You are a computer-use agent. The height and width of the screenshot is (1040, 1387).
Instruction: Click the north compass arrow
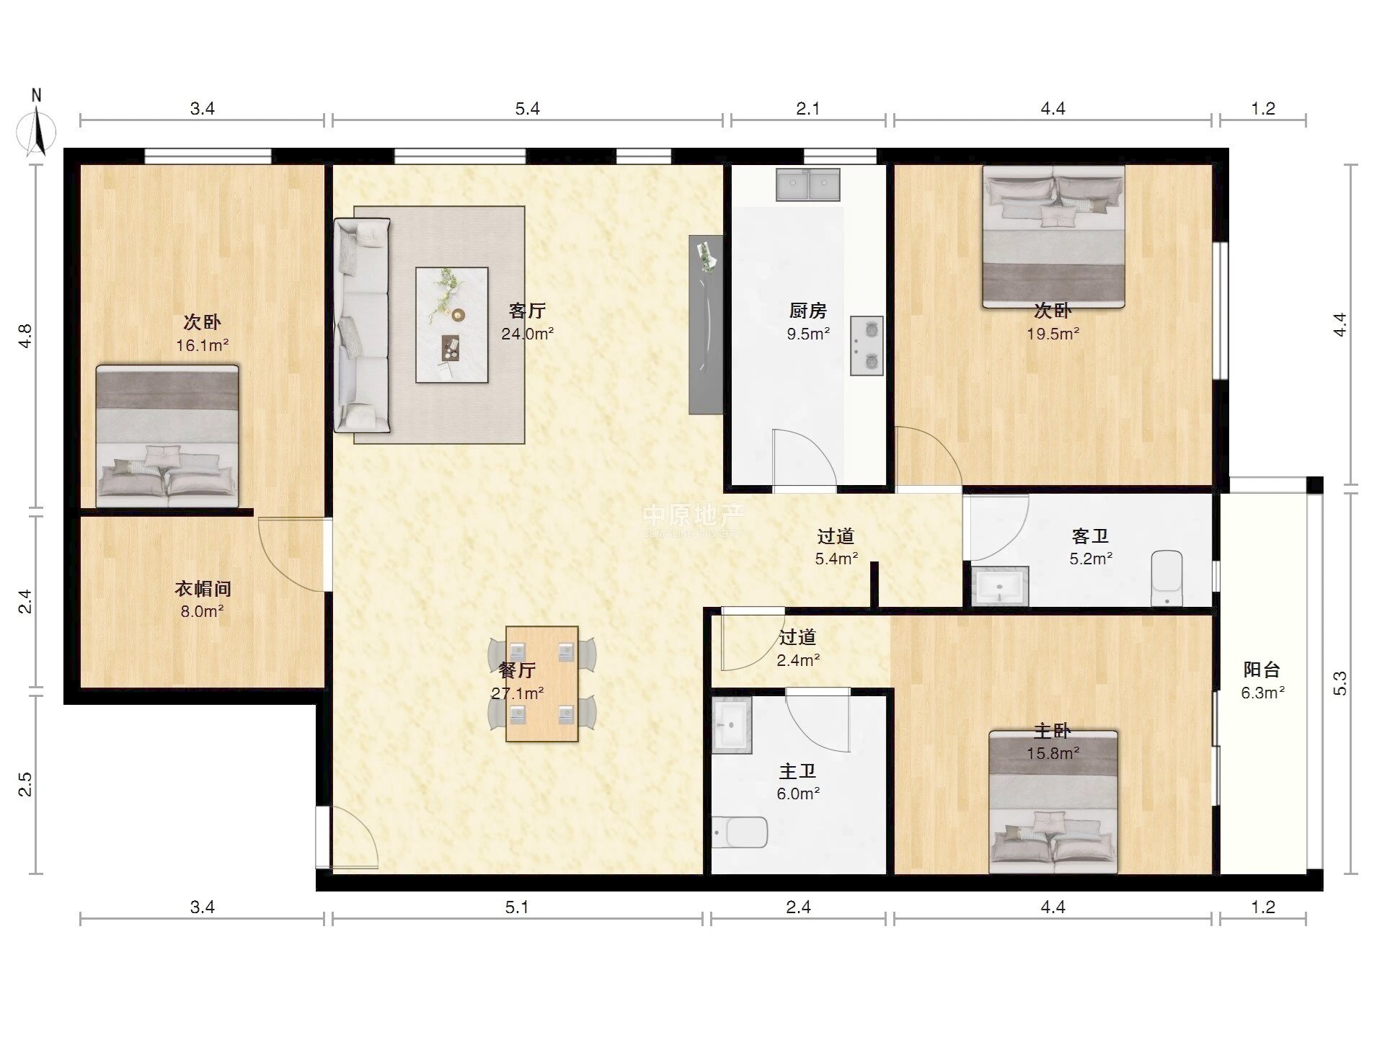tap(37, 132)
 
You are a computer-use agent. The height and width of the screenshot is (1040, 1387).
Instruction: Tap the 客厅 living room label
tap(527, 311)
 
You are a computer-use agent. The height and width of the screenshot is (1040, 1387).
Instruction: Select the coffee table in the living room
tap(452, 325)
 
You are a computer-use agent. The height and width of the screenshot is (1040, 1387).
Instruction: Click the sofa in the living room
tap(362, 326)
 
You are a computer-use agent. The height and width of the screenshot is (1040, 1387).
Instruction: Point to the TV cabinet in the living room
tap(706, 324)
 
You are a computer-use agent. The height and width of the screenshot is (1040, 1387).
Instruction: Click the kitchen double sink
tap(808, 185)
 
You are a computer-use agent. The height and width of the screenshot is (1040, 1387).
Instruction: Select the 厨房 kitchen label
tap(808, 311)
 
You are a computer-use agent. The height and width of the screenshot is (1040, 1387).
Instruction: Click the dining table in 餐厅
tap(542, 684)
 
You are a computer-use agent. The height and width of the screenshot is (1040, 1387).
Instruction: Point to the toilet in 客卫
tap(1167, 578)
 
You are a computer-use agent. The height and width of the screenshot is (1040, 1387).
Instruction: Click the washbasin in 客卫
tap(999, 586)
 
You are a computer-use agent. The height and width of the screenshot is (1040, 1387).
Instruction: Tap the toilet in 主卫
tap(740, 832)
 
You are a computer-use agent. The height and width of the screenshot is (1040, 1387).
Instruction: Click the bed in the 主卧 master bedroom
tap(1053, 802)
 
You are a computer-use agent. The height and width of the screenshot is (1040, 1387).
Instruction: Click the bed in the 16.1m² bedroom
tap(167, 436)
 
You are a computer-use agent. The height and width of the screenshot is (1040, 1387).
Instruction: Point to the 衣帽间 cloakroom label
tap(203, 589)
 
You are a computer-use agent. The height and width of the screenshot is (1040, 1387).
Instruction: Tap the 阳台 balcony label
tap(1262, 670)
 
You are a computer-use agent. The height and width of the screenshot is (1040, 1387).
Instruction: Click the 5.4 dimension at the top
tap(528, 109)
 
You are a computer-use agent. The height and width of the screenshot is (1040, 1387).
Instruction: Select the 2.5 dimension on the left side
tap(25, 784)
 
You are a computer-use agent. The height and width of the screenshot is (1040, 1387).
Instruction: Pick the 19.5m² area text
tap(1053, 334)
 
